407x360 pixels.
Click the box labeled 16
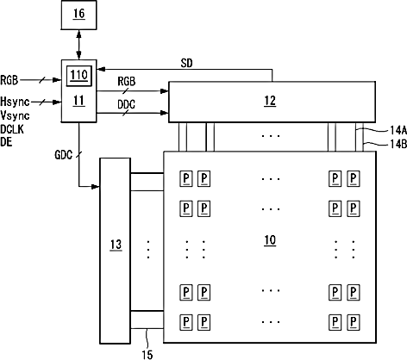coord(78,15)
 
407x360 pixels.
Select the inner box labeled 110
coord(79,76)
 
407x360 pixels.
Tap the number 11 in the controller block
coord(78,101)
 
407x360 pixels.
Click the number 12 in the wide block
coord(270,101)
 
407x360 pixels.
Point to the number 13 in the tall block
coord(116,245)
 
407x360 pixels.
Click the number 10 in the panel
coord(270,240)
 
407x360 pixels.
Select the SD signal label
coord(186,63)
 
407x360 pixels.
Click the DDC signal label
coord(126,104)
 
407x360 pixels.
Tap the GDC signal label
coord(63,155)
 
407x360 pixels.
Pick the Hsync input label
coord(15,102)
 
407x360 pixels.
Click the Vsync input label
coord(15,115)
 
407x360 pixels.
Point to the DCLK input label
coord(12,129)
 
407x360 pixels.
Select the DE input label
coord(6,142)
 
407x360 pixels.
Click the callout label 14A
coord(398,131)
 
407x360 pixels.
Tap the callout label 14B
coord(398,144)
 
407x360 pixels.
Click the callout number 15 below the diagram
coord(147,355)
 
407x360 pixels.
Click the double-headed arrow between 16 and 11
coord(78,45)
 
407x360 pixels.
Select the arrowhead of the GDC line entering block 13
coord(96,187)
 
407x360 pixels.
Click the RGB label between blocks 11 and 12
coord(127,82)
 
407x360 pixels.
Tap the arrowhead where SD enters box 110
coord(101,69)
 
